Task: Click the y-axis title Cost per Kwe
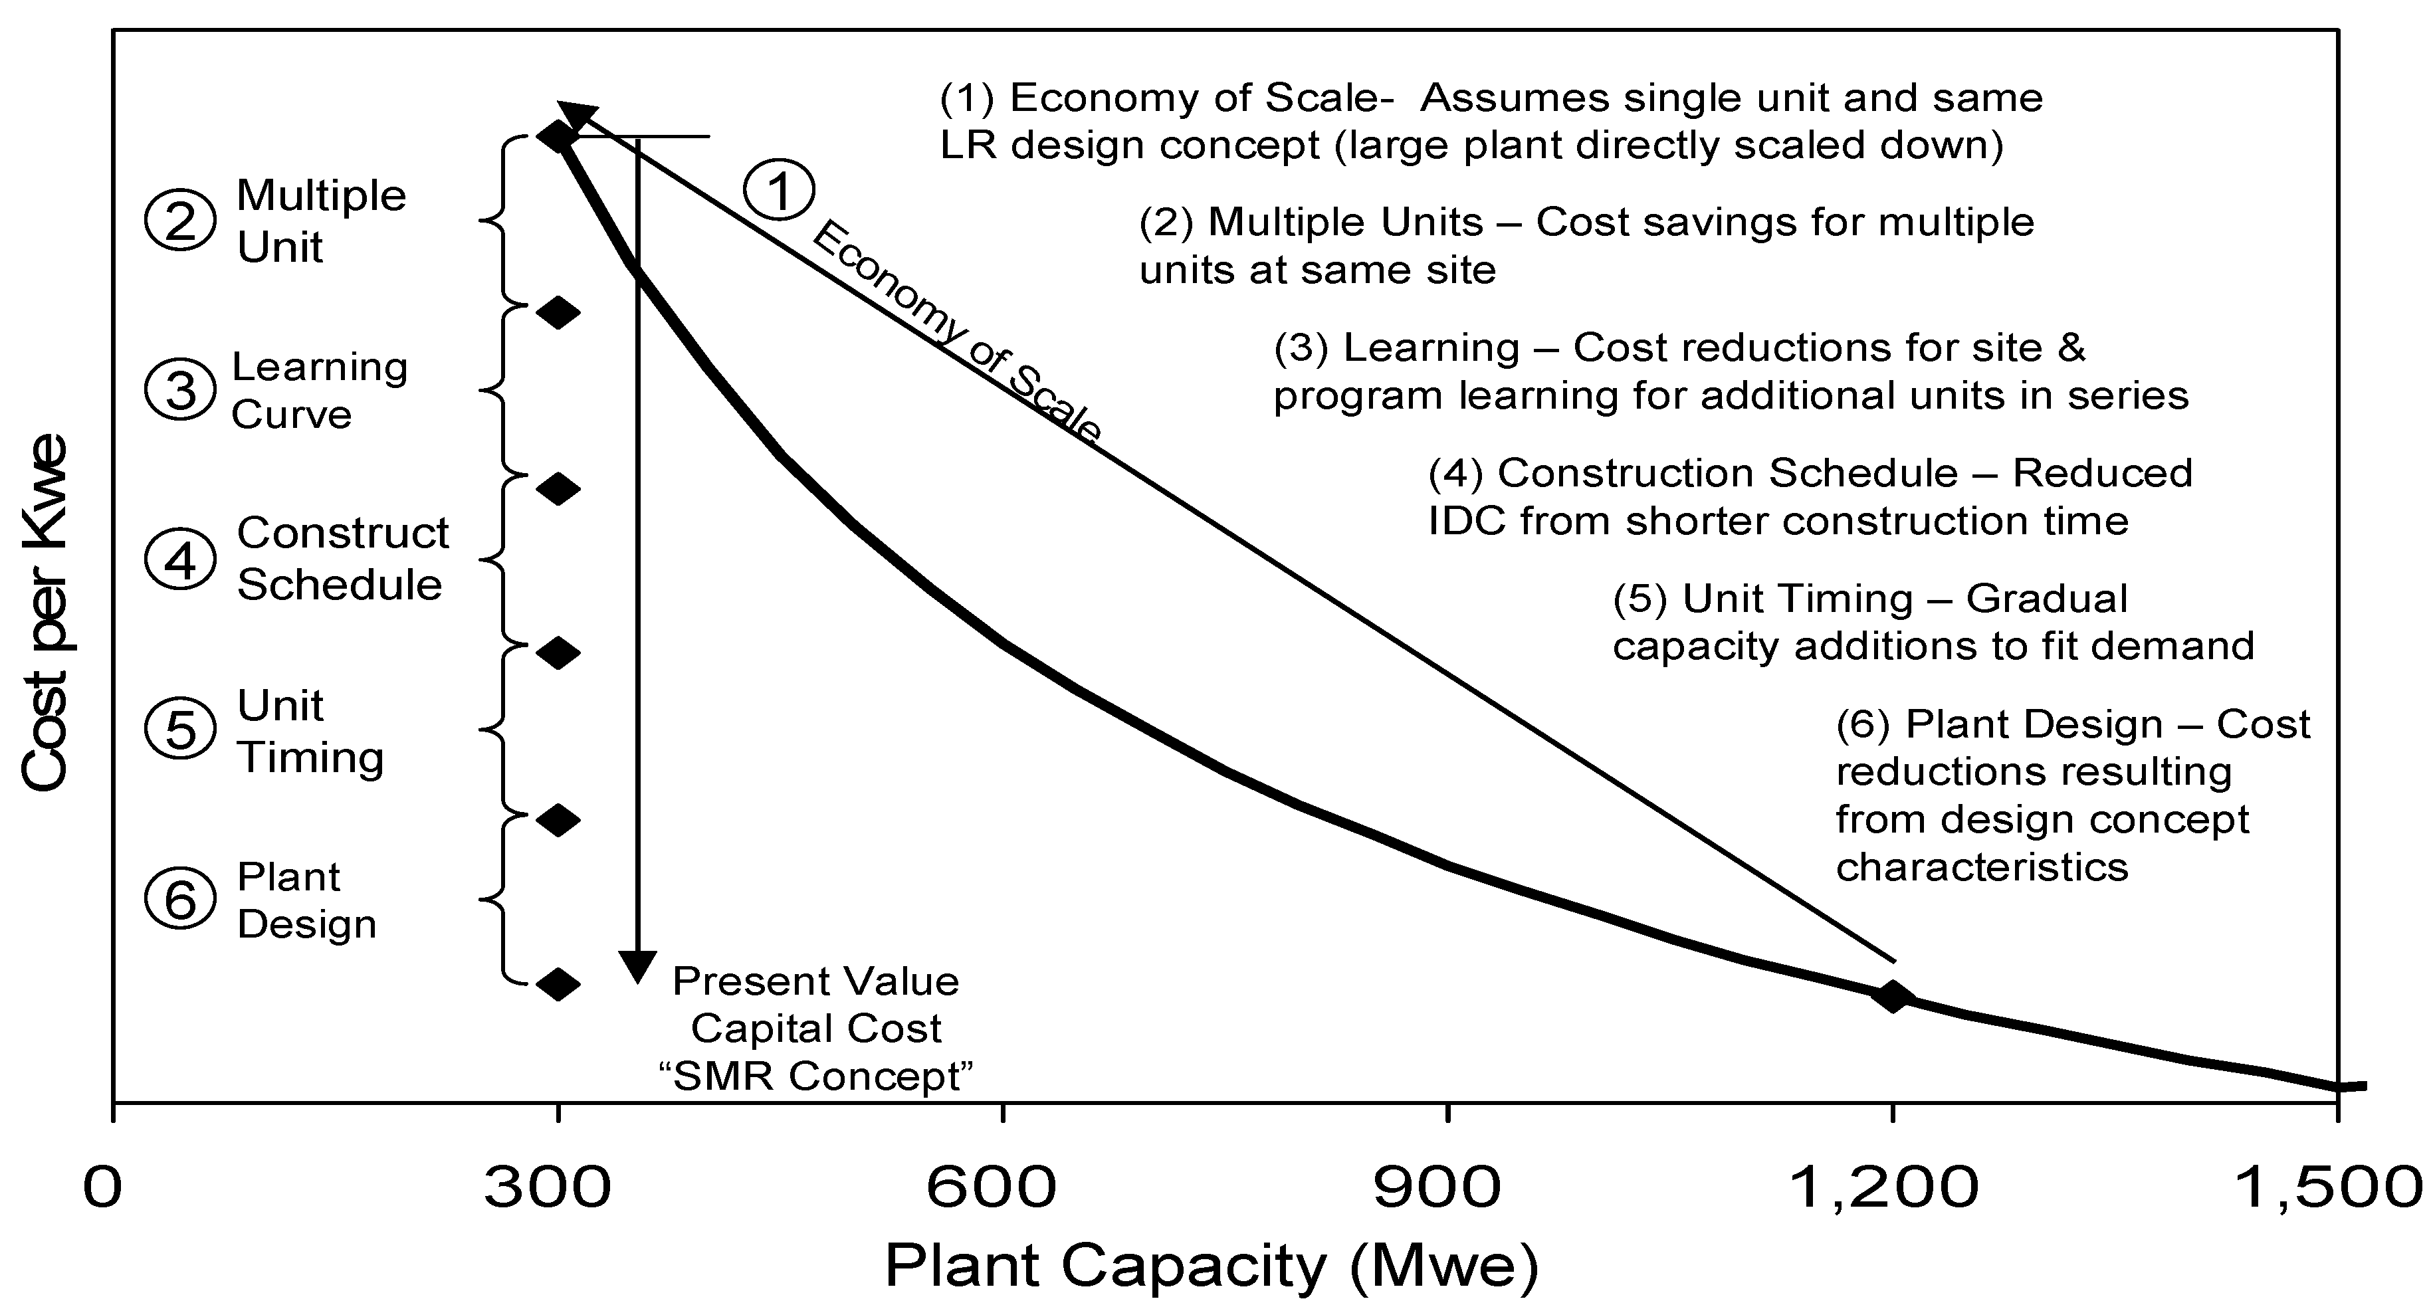coord(45,612)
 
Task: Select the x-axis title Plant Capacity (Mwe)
coord(1212,1266)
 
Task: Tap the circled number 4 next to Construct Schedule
coord(179,560)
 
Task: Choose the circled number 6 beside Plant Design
coord(179,899)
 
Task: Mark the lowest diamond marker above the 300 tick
coord(558,984)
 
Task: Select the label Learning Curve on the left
coord(319,390)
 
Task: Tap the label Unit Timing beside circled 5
coord(310,731)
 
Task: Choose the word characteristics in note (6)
coord(1982,867)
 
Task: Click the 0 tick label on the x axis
coord(103,1187)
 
